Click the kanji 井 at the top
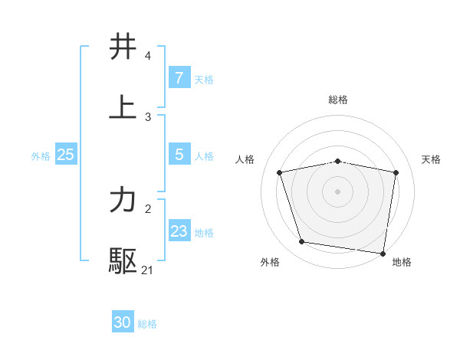(123, 47)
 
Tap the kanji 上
(123, 106)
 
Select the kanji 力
(123, 200)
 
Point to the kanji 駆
(123, 260)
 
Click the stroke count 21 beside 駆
(148, 270)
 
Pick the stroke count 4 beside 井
(148, 56)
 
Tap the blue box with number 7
(179, 77)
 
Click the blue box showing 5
(179, 154)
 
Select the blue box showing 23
(179, 231)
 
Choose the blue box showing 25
(65, 155)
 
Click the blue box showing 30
(122, 322)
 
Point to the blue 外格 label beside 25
(41, 155)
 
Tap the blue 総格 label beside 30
(147, 324)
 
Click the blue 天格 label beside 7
(203, 79)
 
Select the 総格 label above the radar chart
(338, 100)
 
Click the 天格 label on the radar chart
(432, 159)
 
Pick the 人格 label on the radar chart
(245, 159)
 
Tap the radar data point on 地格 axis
(383, 253)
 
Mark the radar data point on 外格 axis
(302, 242)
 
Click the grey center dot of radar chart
(338, 191)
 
